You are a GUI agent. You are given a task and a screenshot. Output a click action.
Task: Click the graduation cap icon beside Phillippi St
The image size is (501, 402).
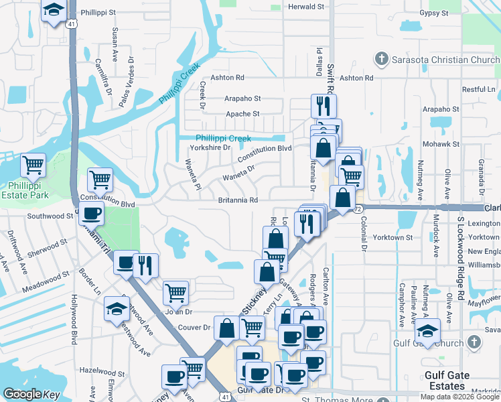click(x=52, y=10)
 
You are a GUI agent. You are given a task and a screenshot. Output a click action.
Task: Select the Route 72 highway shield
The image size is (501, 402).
click(x=358, y=209)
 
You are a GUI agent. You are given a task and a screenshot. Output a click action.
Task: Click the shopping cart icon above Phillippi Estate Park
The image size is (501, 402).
click(x=33, y=163)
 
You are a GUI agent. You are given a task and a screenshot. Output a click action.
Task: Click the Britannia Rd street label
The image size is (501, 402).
click(x=238, y=200)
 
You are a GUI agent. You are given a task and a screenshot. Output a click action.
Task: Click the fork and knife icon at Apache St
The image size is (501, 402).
click(x=324, y=105)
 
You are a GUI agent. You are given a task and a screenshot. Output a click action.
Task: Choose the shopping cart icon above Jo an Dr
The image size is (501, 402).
click(x=175, y=291)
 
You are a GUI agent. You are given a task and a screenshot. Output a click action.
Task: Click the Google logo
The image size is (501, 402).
click(x=23, y=394)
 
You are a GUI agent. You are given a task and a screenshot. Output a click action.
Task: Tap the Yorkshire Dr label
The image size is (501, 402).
click(x=210, y=147)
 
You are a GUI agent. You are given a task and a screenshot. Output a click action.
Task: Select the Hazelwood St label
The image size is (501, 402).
click(x=99, y=370)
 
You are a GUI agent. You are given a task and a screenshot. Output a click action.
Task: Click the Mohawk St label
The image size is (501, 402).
click(x=441, y=144)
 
